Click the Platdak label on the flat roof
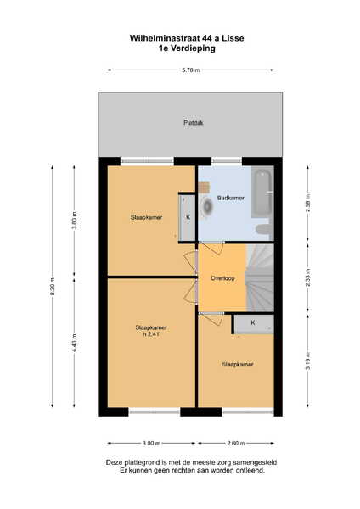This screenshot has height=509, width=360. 194,123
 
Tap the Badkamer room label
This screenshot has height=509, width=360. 231,198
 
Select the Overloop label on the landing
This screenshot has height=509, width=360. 222,278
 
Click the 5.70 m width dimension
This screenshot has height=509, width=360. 191,70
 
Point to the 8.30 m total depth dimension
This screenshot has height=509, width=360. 53,287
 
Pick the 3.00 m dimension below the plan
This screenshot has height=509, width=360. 152,443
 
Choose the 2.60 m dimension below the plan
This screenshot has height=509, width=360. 236,443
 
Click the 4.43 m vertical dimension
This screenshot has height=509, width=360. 74,343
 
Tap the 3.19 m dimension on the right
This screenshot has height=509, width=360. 308,361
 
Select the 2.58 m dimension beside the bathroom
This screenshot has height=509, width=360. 308,203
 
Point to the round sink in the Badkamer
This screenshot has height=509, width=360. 207,206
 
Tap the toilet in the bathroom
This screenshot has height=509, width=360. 264,230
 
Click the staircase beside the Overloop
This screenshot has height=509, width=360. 260,278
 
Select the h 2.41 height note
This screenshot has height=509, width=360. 151,334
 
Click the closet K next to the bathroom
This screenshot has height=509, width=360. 188,217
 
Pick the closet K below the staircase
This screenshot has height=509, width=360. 253,324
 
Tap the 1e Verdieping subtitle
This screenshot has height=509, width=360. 187,48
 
